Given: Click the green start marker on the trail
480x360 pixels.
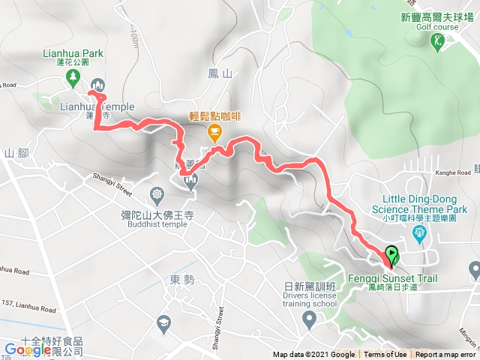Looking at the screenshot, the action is click(391, 253).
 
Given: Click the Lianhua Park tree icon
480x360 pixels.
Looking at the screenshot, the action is click(73, 76).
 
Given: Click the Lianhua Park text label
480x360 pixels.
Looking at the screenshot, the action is click(73, 53).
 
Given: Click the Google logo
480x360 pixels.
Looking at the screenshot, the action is click(28, 349).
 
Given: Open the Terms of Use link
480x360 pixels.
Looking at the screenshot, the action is click(385, 355).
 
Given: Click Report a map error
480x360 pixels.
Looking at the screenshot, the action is click(445, 355).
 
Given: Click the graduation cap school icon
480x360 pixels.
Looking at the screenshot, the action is click(162, 323).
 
